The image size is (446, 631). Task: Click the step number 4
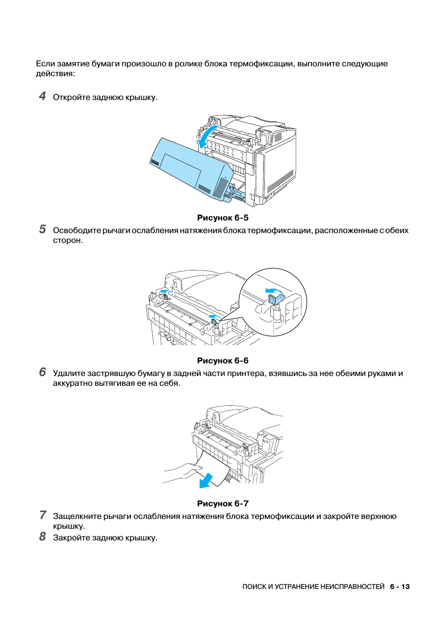coord(43,96)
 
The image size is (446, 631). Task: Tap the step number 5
coord(43,229)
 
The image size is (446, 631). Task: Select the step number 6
coord(43,372)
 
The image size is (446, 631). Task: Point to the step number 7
coord(43,515)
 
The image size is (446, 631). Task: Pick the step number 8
coord(43,537)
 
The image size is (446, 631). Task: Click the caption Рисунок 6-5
coord(223,218)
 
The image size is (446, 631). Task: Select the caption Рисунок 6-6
coord(223,361)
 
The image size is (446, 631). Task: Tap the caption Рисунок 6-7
coord(223,503)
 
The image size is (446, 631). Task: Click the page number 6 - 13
coord(400,587)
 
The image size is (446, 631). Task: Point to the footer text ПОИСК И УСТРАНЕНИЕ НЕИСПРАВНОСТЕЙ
coord(313,587)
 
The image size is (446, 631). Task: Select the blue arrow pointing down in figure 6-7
coord(206,481)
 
